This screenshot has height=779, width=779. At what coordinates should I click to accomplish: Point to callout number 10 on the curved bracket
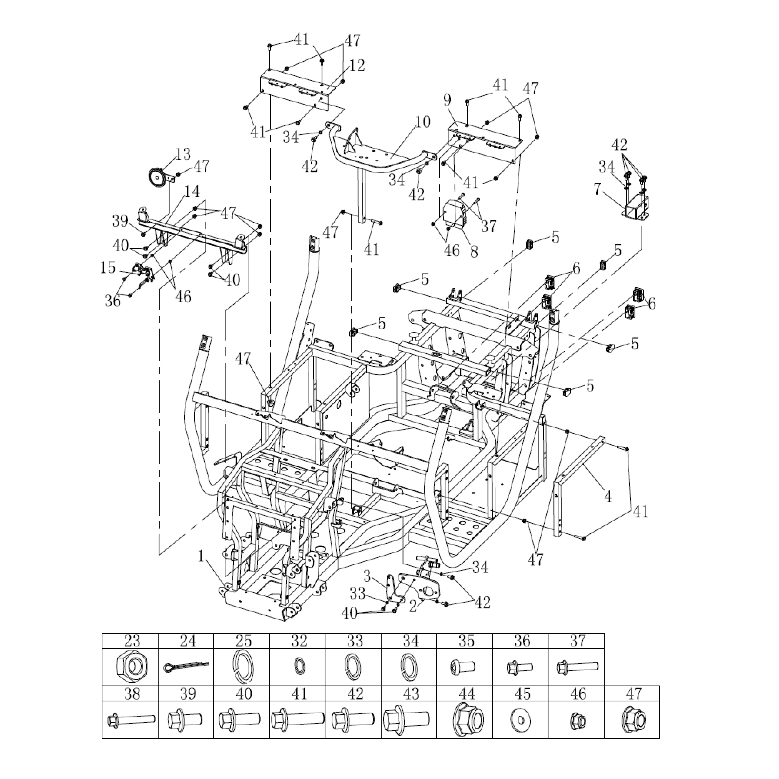click(422, 122)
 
